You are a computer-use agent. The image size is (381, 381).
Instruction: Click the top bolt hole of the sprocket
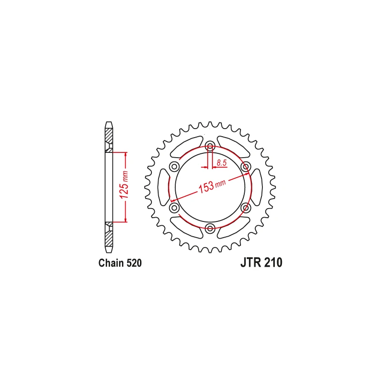click(210, 146)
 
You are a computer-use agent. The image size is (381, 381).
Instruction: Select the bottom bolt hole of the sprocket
click(210, 228)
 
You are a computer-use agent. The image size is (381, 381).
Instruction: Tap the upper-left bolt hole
click(174, 167)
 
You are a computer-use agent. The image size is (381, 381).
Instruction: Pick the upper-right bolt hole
click(246, 167)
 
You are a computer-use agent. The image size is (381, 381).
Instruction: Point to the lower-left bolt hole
click(174, 208)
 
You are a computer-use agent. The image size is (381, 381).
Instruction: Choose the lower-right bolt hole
click(246, 208)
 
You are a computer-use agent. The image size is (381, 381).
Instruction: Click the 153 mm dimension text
click(212, 186)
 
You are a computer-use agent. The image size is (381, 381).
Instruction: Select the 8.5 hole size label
click(221, 162)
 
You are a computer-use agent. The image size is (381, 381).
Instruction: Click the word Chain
click(111, 263)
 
